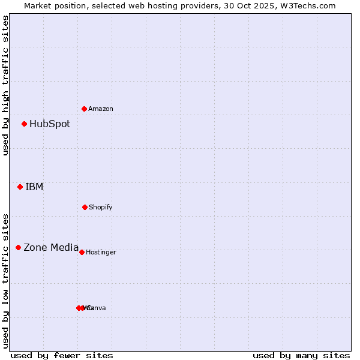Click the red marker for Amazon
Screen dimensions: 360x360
point(84,109)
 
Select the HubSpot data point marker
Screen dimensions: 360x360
point(24,124)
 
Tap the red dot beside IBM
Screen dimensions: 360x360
point(20,187)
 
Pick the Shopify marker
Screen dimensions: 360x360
point(85,207)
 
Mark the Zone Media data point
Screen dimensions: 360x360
point(18,247)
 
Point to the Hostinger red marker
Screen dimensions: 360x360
point(82,252)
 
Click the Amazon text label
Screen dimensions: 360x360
point(101,109)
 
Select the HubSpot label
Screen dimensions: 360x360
point(50,124)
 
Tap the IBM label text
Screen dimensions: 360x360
point(34,187)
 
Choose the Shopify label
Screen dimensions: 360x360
point(101,207)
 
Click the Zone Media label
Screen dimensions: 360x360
point(51,247)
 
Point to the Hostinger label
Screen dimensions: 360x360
point(101,252)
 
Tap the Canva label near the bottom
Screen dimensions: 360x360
point(97,308)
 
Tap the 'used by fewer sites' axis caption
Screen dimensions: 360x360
point(62,355)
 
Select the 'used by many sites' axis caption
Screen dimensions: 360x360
point(301,355)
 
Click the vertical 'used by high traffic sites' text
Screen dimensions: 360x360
point(5,85)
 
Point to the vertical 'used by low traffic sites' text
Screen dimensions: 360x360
point(5,280)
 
